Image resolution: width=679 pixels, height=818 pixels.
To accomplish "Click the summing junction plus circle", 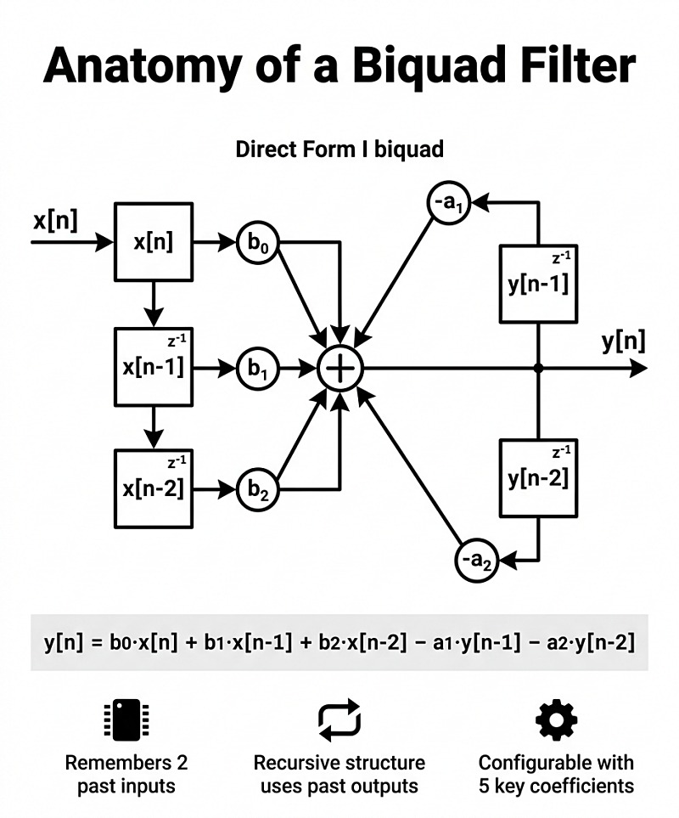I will (339, 368).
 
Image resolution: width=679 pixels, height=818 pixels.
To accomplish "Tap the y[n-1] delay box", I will (539, 284).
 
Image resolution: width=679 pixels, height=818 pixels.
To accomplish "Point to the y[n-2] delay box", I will (539, 478).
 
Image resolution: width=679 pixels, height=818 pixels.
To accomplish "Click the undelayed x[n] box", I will (154, 242).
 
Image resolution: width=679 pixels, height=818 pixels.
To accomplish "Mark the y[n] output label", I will (623, 341).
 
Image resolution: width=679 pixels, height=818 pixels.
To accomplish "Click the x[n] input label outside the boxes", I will (55, 222).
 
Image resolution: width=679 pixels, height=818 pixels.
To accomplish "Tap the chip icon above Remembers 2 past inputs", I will (120, 720).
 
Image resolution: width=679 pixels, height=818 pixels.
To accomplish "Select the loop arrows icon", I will (339, 720).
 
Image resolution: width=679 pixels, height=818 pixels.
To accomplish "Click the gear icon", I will (556, 720).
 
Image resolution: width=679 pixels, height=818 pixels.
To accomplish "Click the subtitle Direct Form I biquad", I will (339, 149).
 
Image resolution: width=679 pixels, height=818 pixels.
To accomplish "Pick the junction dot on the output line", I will (539, 368).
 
